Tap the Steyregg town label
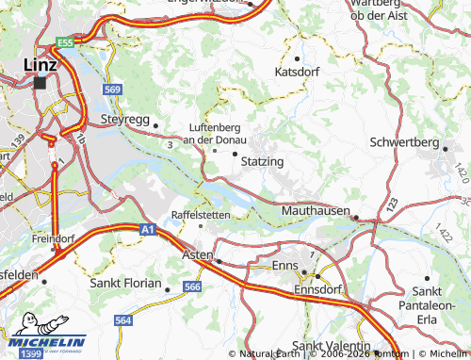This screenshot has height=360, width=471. [124, 120]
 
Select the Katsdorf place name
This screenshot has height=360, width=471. [298, 71]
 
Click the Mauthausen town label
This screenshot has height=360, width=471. [316, 212]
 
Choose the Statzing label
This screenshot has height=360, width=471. [262, 162]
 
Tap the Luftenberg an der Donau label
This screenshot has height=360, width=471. [216, 133]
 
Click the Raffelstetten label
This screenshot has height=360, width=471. [200, 215]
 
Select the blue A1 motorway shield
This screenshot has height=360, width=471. [147, 228]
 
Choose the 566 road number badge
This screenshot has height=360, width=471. [192, 287]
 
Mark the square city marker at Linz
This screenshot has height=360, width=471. [41, 83]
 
